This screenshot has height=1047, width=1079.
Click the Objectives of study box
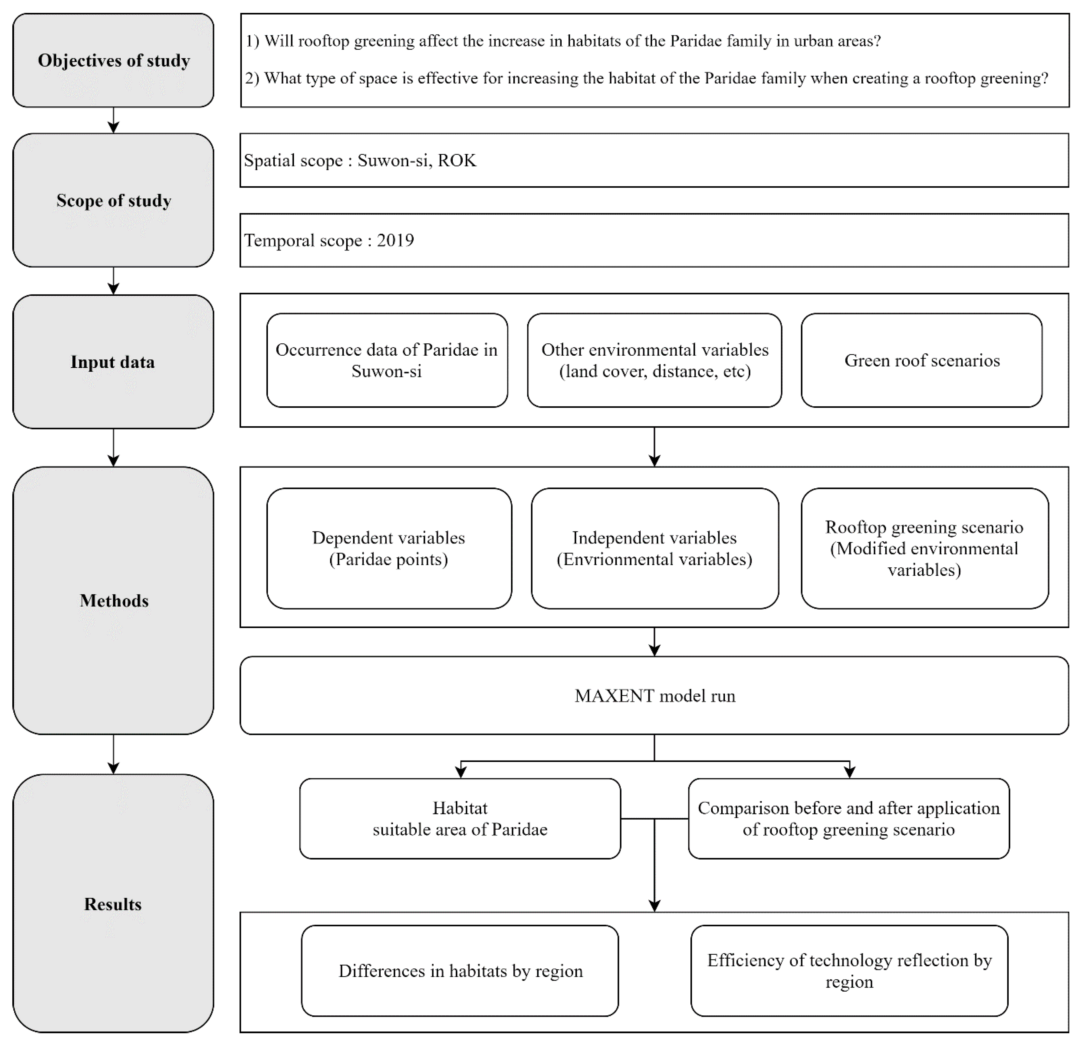click(113, 61)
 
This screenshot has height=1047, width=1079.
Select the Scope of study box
click(113, 200)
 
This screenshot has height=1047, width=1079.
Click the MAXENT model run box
click(654, 696)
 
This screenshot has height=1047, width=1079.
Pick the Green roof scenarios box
click(922, 361)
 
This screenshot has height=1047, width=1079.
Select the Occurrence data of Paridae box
click(387, 361)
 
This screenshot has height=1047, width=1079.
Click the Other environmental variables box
click(654, 361)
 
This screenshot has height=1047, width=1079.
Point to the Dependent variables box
click(389, 549)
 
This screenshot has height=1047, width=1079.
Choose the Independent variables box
click(654, 549)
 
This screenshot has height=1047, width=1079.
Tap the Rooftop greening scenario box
click(924, 549)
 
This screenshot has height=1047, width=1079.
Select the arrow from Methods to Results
click(113, 755)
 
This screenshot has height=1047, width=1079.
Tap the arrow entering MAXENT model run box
click(654, 642)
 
